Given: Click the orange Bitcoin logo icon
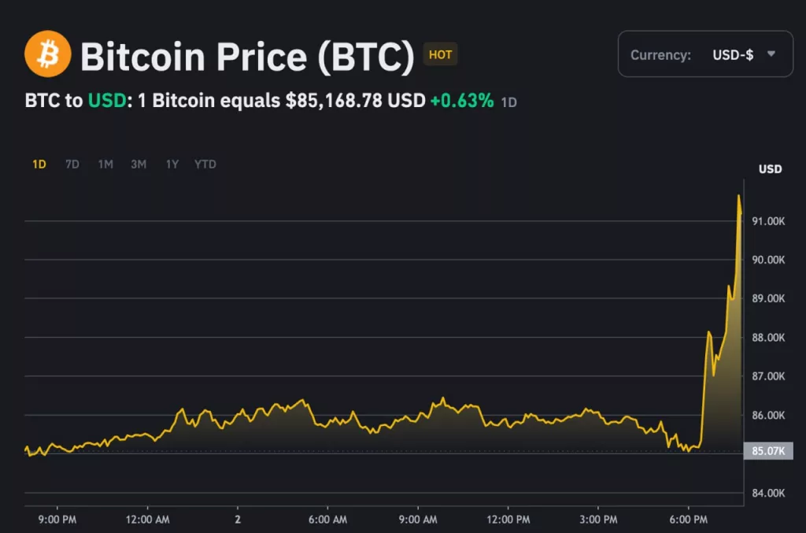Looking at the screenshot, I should [x=47, y=54].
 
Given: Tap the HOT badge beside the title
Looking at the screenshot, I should [x=440, y=54].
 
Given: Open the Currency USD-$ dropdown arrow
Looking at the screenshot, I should [x=771, y=54].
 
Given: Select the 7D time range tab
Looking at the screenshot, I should [x=72, y=164].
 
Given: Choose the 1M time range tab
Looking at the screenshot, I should [x=105, y=164].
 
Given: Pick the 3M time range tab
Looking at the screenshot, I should [x=139, y=164].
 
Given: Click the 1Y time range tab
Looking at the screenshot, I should [x=172, y=164].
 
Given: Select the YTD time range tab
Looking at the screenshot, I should [x=205, y=164].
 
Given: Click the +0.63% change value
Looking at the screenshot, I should [x=461, y=101].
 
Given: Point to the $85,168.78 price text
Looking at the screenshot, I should [x=334, y=101].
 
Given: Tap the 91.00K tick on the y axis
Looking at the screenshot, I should [x=768, y=221].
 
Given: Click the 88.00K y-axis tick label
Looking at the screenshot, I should [x=768, y=337].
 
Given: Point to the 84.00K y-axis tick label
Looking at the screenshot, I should [x=768, y=493].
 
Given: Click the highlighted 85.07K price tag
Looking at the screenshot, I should [x=768, y=451].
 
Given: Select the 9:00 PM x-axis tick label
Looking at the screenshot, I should [x=57, y=520].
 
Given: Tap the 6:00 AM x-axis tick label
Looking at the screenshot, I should [x=327, y=520].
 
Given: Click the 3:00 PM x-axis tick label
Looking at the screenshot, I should [x=597, y=520].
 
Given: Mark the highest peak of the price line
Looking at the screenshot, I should [x=738, y=195].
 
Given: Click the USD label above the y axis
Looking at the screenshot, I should [x=770, y=169].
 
